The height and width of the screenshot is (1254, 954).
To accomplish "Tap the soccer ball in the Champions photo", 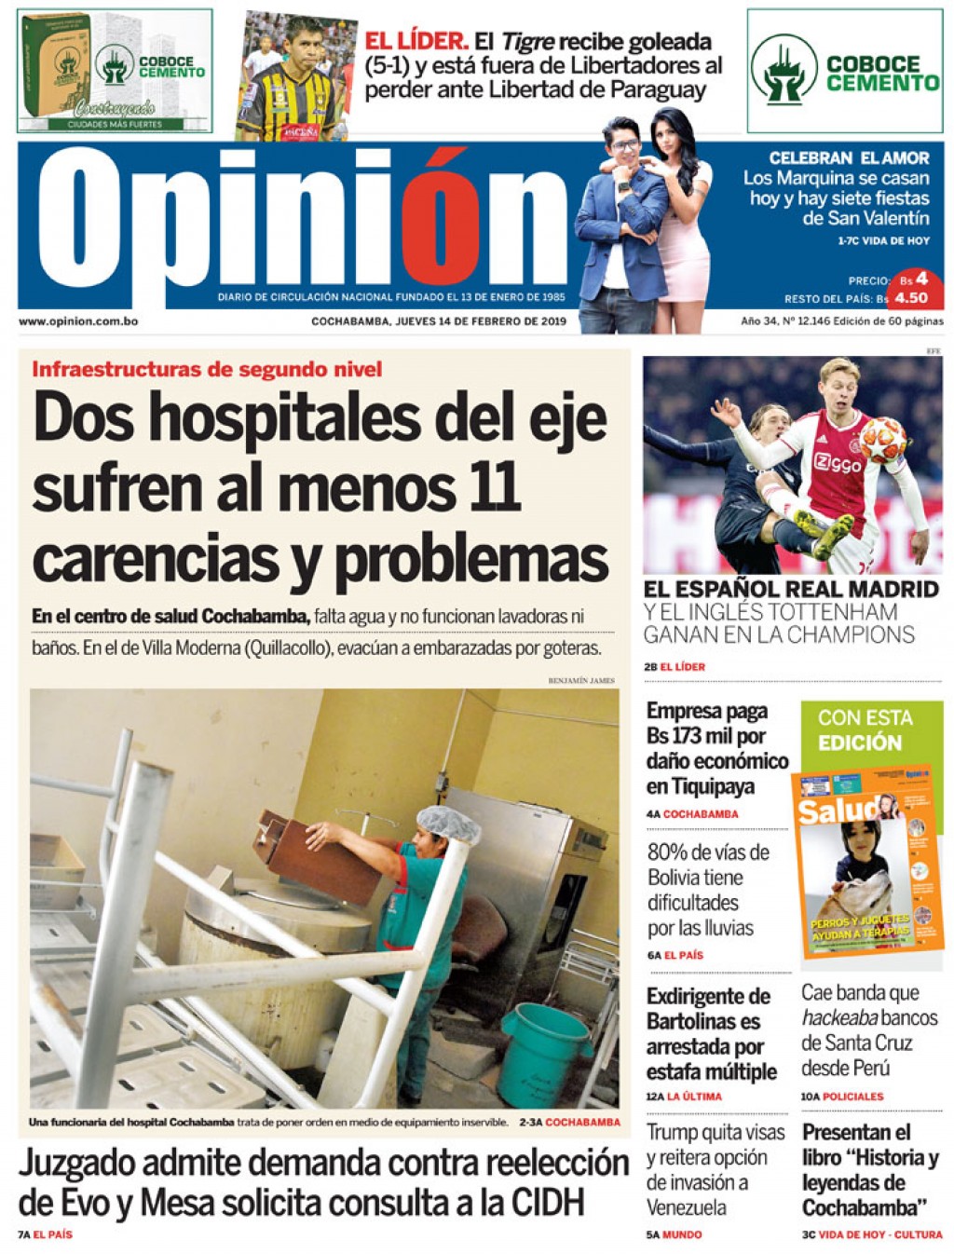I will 881,440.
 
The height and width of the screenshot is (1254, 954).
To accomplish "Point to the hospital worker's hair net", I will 447,824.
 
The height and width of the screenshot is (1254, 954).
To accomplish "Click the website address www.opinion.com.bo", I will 78,321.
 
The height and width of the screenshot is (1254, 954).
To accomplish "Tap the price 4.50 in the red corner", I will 910,298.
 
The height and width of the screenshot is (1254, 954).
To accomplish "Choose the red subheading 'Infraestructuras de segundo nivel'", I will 207,369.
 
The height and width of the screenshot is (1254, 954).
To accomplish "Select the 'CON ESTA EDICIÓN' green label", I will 865,730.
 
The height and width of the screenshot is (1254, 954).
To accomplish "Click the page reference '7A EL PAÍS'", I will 45,1234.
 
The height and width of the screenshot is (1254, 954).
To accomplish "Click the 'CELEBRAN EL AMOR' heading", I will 849,158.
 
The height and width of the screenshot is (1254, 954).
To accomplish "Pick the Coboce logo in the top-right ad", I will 784,70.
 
